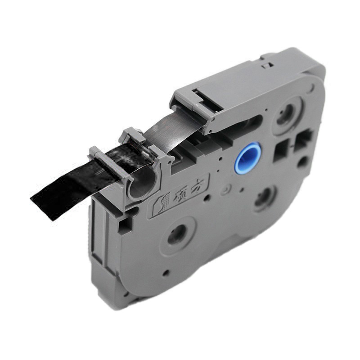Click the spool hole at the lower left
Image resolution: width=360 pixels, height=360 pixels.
click(178, 235)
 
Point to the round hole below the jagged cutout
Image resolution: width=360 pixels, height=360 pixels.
click(302, 162)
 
